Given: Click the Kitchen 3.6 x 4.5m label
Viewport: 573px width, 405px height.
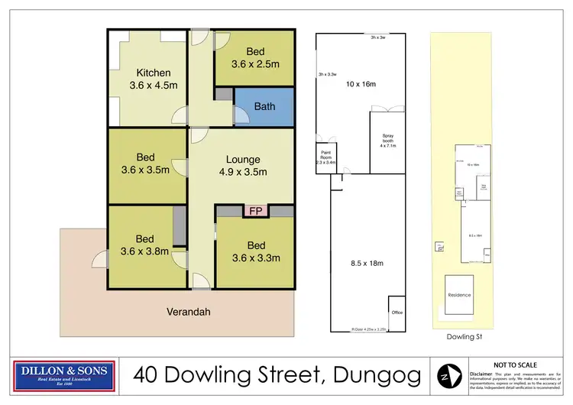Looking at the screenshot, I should click(147, 77).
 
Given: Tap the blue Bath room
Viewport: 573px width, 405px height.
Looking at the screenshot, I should click(264, 106).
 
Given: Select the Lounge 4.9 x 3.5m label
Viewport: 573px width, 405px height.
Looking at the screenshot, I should click(243, 166).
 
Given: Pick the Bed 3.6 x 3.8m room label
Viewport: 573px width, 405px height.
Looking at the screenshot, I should click(145, 245).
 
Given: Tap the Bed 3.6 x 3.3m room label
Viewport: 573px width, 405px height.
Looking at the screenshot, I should click(255, 251).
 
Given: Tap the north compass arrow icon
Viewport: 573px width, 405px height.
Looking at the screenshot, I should click(445, 374).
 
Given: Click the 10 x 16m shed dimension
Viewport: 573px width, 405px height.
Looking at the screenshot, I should click(361, 83).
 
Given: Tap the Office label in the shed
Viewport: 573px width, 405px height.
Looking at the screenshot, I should click(397, 313).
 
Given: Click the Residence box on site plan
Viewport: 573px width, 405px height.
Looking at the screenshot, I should click(459, 295).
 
